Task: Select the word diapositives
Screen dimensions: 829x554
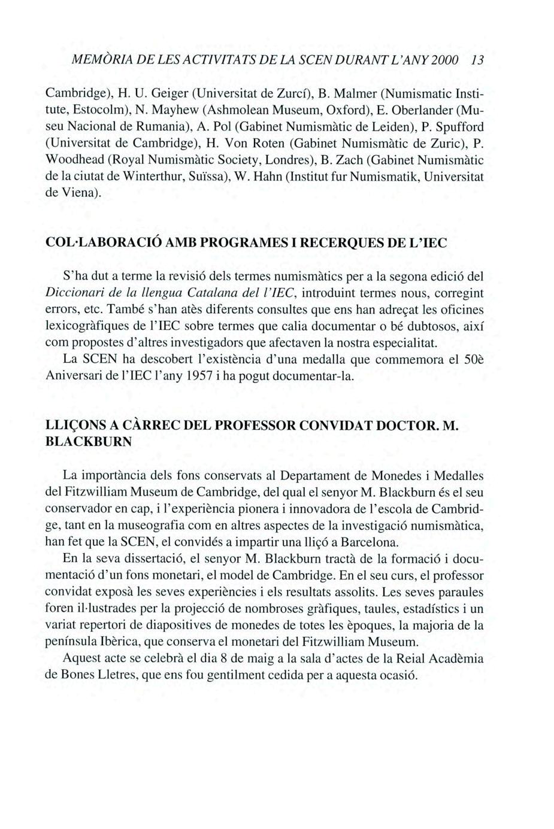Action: pyautogui.click(x=165, y=626)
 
